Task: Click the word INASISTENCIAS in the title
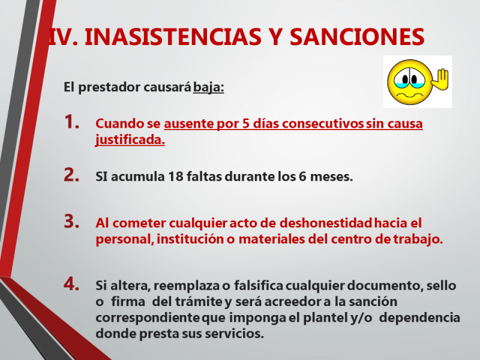tap(173, 37)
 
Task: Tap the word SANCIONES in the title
tap(357, 37)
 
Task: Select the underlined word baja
tap(208, 87)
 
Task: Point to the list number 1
tap(71, 122)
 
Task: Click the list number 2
tap(71, 175)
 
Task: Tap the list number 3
tap(71, 221)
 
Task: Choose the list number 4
tap(71, 284)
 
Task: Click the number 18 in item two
tap(175, 176)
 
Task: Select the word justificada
tap(130, 140)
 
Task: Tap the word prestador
tap(110, 88)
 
